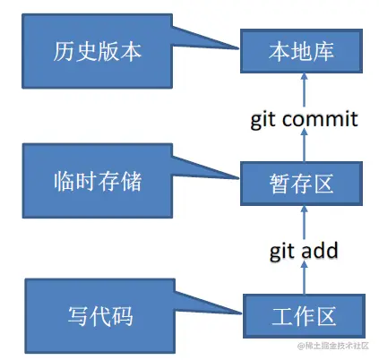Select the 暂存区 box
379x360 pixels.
pyautogui.click(x=301, y=184)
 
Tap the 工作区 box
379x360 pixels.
pyautogui.click(x=301, y=316)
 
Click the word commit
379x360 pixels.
pyautogui.click(x=320, y=118)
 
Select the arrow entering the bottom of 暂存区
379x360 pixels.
pyautogui.click(x=303, y=219)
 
